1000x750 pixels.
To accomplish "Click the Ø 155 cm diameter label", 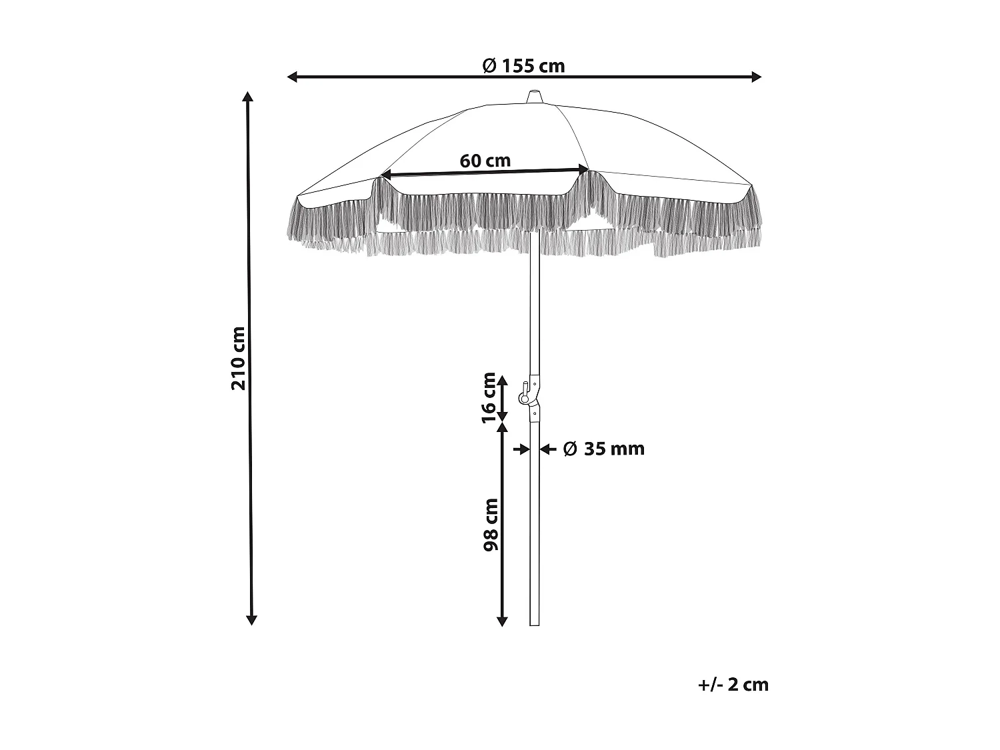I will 523,65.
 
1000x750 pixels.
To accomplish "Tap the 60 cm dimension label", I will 485,161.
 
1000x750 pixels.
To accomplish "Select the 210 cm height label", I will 239,358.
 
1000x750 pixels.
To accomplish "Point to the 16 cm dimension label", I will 489,397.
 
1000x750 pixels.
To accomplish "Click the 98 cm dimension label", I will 491,524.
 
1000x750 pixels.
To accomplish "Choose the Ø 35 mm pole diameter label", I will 604,449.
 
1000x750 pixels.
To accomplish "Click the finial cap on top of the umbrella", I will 534,97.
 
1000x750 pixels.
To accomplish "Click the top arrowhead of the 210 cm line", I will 249,97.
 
